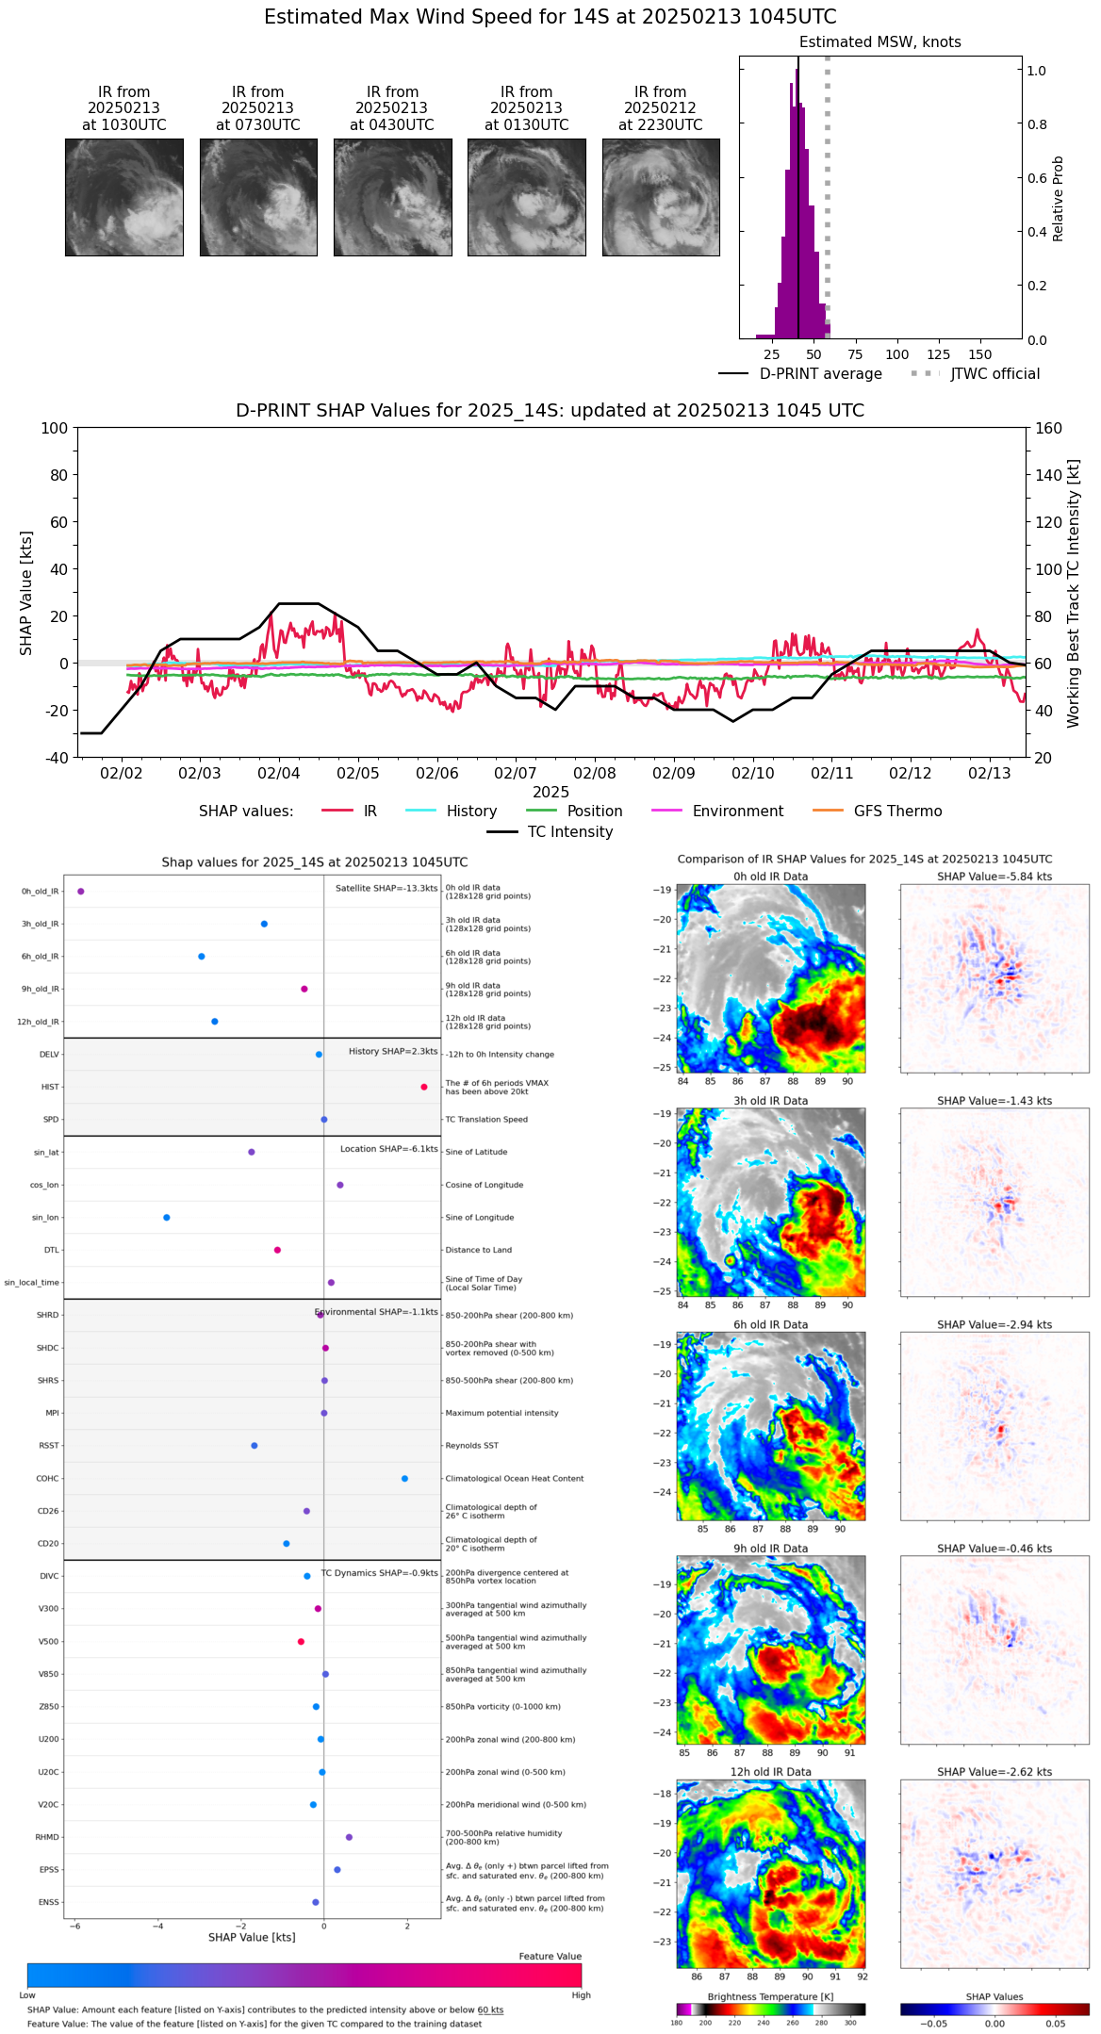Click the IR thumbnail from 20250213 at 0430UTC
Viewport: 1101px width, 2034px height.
point(392,197)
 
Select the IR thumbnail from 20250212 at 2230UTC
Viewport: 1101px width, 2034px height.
point(661,197)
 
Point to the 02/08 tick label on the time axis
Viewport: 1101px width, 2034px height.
point(595,773)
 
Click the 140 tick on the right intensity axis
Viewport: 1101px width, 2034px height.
point(1048,475)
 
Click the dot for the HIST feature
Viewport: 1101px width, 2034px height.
point(424,1087)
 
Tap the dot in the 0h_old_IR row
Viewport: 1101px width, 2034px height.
point(81,891)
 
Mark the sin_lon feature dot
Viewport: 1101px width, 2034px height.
point(167,1217)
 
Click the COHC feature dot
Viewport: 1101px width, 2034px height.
point(405,1478)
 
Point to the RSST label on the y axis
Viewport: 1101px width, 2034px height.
point(49,1445)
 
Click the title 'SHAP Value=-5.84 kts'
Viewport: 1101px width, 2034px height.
point(994,877)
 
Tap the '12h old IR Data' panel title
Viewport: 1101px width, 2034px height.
point(770,1772)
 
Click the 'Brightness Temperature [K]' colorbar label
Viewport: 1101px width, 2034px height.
point(770,1996)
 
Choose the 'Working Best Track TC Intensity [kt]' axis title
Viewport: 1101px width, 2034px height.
point(1073,594)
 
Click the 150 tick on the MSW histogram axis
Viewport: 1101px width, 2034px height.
point(980,354)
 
